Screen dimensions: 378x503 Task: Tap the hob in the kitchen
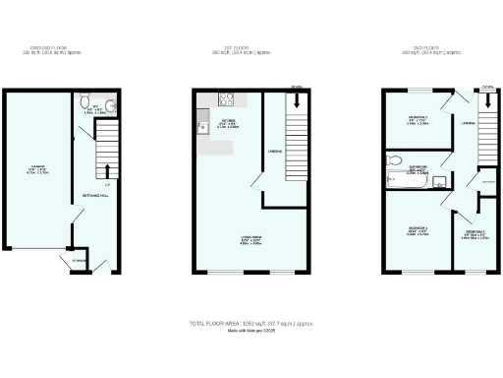coord(224,98)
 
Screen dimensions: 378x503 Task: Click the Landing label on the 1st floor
coord(275,151)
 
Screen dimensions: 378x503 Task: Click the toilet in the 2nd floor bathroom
coord(394,160)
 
